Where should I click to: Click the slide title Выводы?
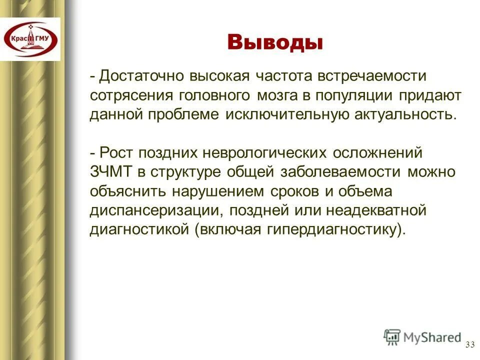[x=274, y=42]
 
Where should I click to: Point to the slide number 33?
[x=469, y=344]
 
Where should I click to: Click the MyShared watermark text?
[x=432, y=337]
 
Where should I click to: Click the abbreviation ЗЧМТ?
[x=111, y=171]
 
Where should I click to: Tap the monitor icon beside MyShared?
[x=392, y=336]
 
